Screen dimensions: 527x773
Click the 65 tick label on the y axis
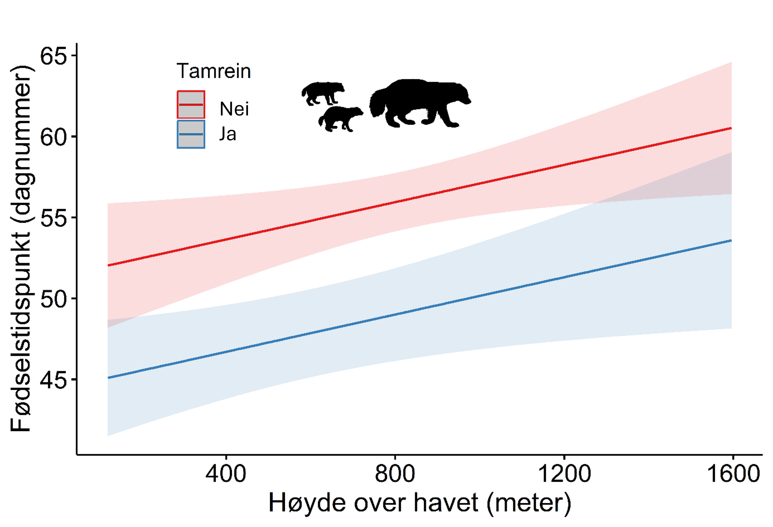(x=53, y=56)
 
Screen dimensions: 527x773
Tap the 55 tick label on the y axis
(x=53, y=218)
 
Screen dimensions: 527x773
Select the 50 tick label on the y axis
(x=53, y=299)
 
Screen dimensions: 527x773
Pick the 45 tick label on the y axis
(x=53, y=380)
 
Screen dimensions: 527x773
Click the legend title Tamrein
(x=214, y=71)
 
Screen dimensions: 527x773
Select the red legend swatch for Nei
(x=191, y=105)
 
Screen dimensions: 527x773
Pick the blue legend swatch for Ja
(x=191, y=134)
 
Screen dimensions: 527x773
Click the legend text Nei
(x=234, y=109)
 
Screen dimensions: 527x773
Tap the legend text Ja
(x=228, y=134)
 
